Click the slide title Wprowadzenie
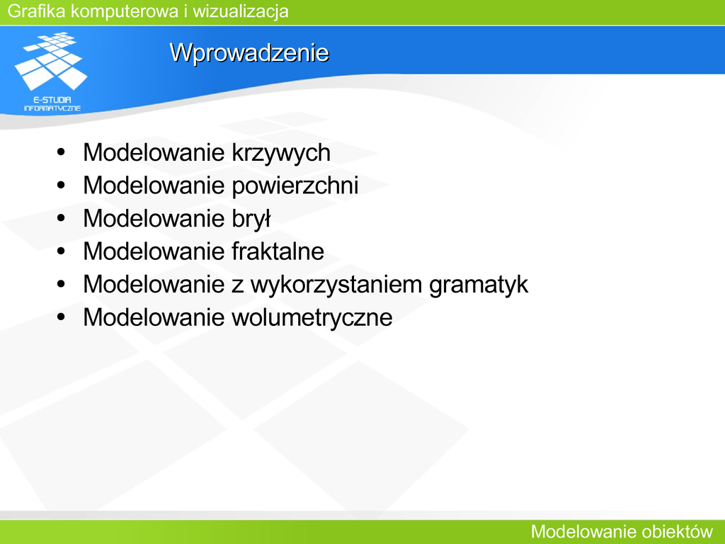[x=249, y=53]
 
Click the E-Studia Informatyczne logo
[x=51, y=72]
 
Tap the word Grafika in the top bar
[x=37, y=11]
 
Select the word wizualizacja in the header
[x=241, y=11]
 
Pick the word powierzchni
[x=295, y=186]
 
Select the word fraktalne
[x=278, y=251]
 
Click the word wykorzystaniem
[x=336, y=285]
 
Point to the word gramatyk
[x=479, y=285]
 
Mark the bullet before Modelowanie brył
[x=61, y=218]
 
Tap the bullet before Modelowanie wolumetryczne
[x=61, y=317]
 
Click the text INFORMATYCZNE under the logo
[x=52, y=108]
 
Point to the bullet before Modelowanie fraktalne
[x=61, y=251]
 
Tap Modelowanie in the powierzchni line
[x=154, y=186]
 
